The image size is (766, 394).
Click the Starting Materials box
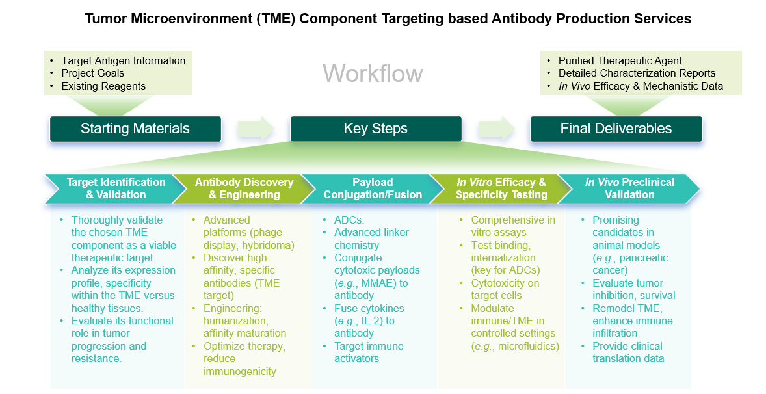click(x=135, y=129)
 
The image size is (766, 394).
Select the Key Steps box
click(x=376, y=129)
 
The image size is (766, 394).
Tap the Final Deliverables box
click(x=616, y=129)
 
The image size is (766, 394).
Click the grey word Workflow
click(x=373, y=73)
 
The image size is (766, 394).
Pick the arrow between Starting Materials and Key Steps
click(x=256, y=128)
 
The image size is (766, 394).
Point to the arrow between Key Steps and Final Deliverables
click(x=496, y=128)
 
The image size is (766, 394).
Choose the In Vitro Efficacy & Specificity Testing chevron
click(x=501, y=189)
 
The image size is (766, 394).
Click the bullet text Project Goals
click(x=93, y=73)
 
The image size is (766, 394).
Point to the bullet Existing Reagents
click(x=103, y=86)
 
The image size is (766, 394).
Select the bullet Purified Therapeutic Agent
click(x=620, y=60)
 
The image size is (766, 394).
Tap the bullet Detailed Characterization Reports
click(x=637, y=73)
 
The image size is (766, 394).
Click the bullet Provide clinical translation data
click(x=627, y=352)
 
